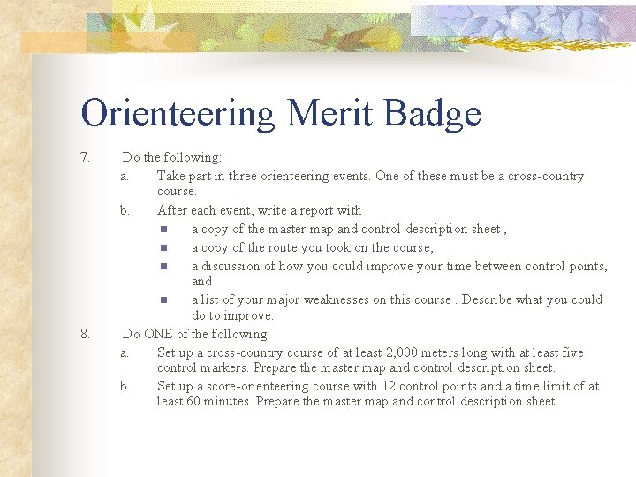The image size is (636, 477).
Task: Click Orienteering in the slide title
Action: [178, 114]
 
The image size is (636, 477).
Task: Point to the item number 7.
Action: [85, 157]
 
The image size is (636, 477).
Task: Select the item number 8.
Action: [85, 334]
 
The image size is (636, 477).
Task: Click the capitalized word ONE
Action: [158, 334]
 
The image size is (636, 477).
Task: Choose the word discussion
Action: [232, 266]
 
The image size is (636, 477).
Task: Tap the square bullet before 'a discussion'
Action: [164, 266]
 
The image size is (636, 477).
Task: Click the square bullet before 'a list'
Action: [164, 299]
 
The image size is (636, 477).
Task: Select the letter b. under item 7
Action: [125, 210]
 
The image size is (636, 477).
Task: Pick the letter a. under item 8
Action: [125, 352]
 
